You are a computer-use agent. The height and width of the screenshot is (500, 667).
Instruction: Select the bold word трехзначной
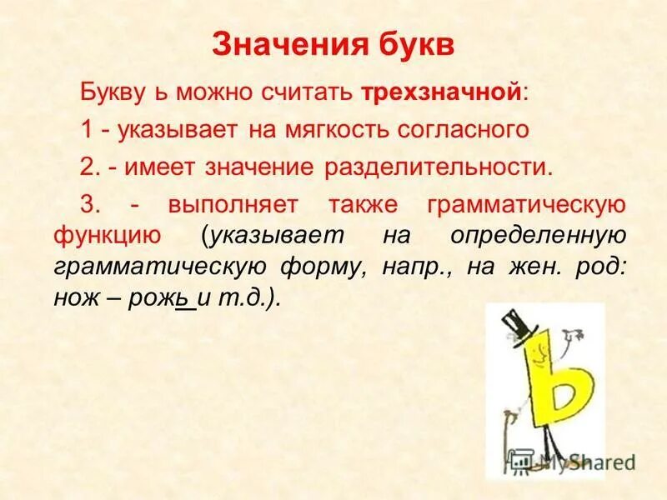[442, 92]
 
